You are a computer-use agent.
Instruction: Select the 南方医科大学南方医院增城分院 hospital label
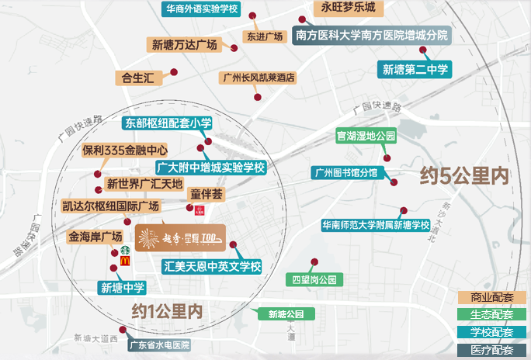point(372,35)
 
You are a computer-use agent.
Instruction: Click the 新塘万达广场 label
point(184,44)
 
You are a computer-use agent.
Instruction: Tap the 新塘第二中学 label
point(415,69)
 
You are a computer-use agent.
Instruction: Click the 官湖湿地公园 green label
point(366,136)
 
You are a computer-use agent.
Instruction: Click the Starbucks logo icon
point(123,251)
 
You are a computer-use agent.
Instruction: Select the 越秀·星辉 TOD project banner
point(180,238)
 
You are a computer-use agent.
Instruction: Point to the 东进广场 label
point(265,36)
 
